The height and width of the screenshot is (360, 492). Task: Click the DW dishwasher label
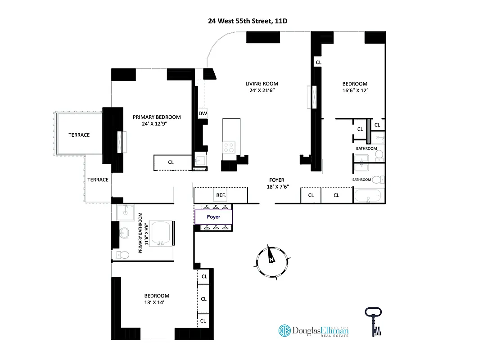click(x=203, y=113)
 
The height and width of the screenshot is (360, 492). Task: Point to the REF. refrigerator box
click(x=221, y=195)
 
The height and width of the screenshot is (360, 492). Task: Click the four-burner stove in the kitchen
click(x=229, y=147)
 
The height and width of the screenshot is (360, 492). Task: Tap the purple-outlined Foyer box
click(x=213, y=217)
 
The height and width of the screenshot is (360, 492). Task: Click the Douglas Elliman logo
click(x=314, y=331)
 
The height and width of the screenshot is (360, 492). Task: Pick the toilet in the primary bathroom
click(x=122, y=255)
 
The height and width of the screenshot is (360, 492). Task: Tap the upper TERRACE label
click(x=79, y=135)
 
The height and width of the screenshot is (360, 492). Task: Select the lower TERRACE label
click(x=98, y=180)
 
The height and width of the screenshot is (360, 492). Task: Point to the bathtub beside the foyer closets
click(x=367, y=196)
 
